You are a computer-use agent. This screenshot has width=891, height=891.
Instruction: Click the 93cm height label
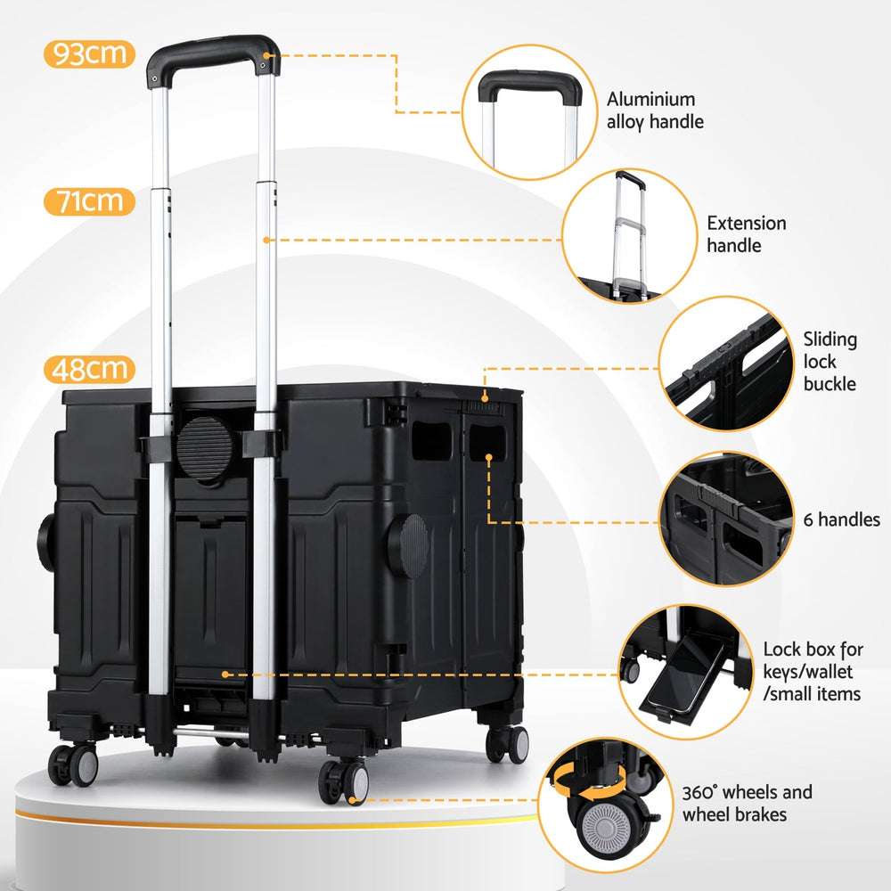coord(88,54)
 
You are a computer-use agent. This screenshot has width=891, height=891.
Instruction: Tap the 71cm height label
coord(88,200)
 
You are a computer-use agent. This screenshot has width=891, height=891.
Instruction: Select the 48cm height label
coord(88,369)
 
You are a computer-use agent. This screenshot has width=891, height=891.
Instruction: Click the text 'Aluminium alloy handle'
coord(655,110)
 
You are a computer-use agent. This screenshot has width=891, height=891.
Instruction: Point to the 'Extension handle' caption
coord(747,233)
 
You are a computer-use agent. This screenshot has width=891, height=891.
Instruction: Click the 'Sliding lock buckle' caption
coord(830,361)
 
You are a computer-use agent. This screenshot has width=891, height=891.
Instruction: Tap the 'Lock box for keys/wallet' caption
coord(813,671)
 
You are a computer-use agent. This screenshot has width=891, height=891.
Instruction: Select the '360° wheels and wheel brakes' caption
coord(748,803)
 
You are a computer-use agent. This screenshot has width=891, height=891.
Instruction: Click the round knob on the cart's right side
coord(413,543)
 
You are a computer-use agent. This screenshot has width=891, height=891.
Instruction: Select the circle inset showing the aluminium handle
coord(528,112)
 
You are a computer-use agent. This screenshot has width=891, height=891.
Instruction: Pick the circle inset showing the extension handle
coord(626,234)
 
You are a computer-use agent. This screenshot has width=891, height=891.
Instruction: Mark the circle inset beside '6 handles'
coord(727,519)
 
